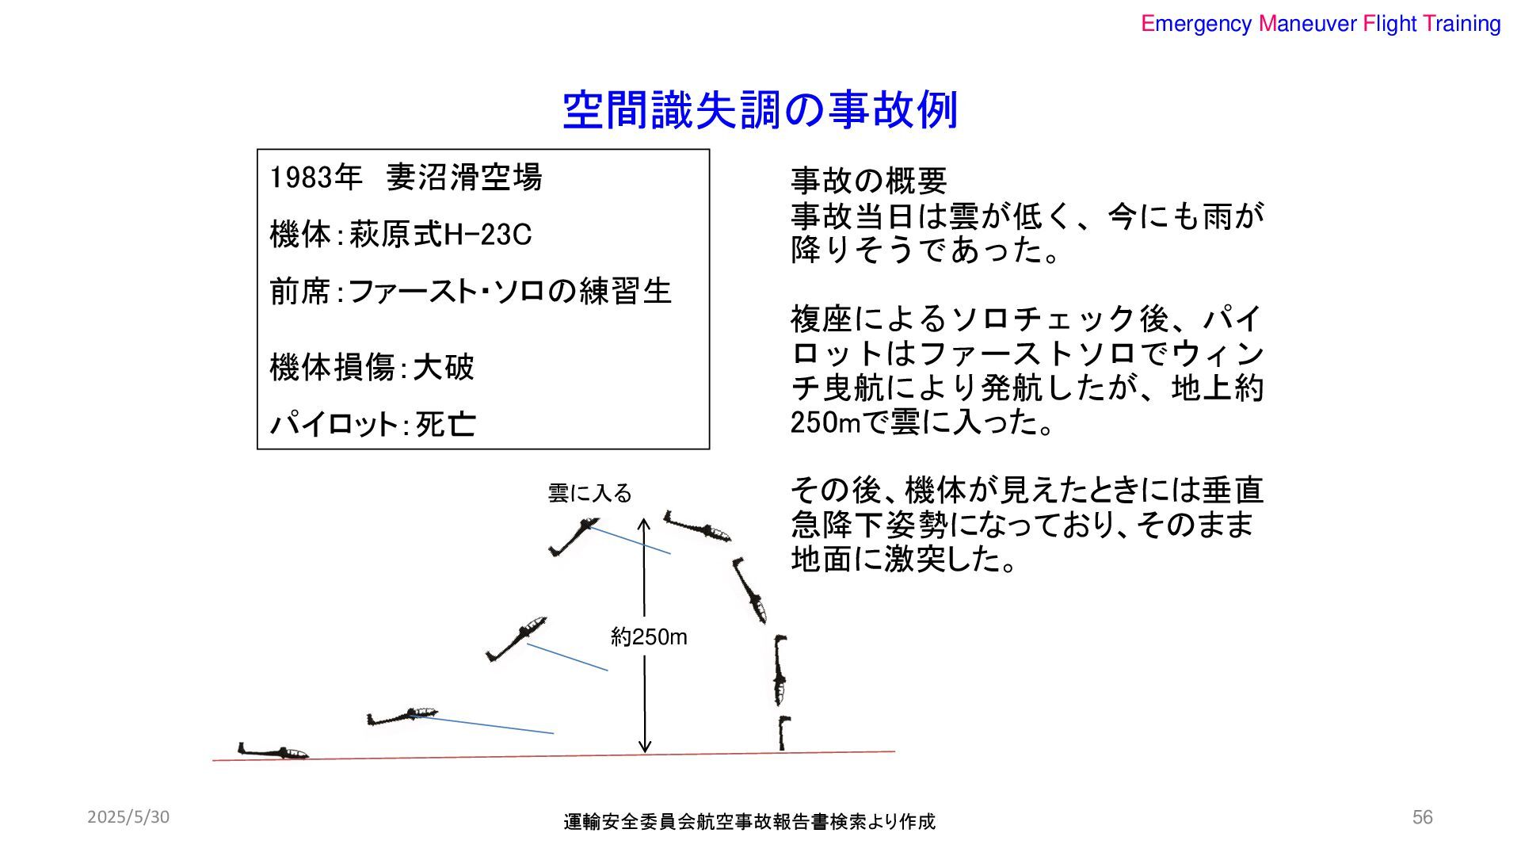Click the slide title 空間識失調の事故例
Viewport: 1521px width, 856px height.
click(x=760, y=110)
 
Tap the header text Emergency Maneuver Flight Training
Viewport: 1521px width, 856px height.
click(x=1320, y=24)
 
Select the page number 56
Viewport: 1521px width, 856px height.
click(x=1422, y=817)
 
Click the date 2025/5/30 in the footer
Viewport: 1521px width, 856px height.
click(x=128, y=817)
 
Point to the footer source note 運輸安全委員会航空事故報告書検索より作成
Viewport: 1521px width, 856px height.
click(x=749, y=822)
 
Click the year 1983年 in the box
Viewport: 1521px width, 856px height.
click(x=315, y=178)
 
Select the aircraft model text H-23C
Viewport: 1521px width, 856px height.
click(x=487, y=235)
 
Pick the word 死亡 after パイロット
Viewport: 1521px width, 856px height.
click(x=445, y=425)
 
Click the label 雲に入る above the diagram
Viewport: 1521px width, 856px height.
click(x=589, y=494)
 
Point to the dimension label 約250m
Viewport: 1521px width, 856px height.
click(x=649, y=637)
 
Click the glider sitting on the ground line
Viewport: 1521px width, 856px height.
click(x=273, y=751)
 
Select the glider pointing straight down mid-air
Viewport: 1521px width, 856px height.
click(x=780, y=670)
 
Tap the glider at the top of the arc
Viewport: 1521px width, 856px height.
click(x=697, y=526)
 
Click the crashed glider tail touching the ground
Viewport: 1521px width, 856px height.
click(x=783, y=732)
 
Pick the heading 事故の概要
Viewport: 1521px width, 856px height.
click(x=868, y=182)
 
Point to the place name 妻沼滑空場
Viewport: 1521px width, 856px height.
click(x=463, y=178)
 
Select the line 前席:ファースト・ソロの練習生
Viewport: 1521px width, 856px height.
click(x=471, y=292)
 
